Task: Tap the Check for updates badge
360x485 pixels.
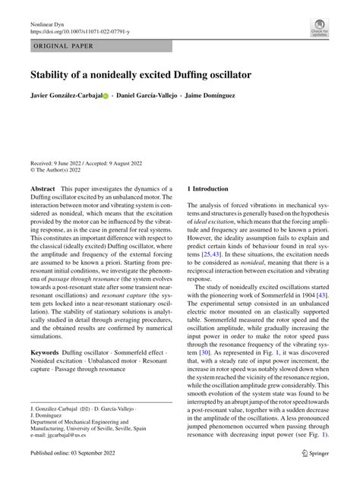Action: pos(320,29)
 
